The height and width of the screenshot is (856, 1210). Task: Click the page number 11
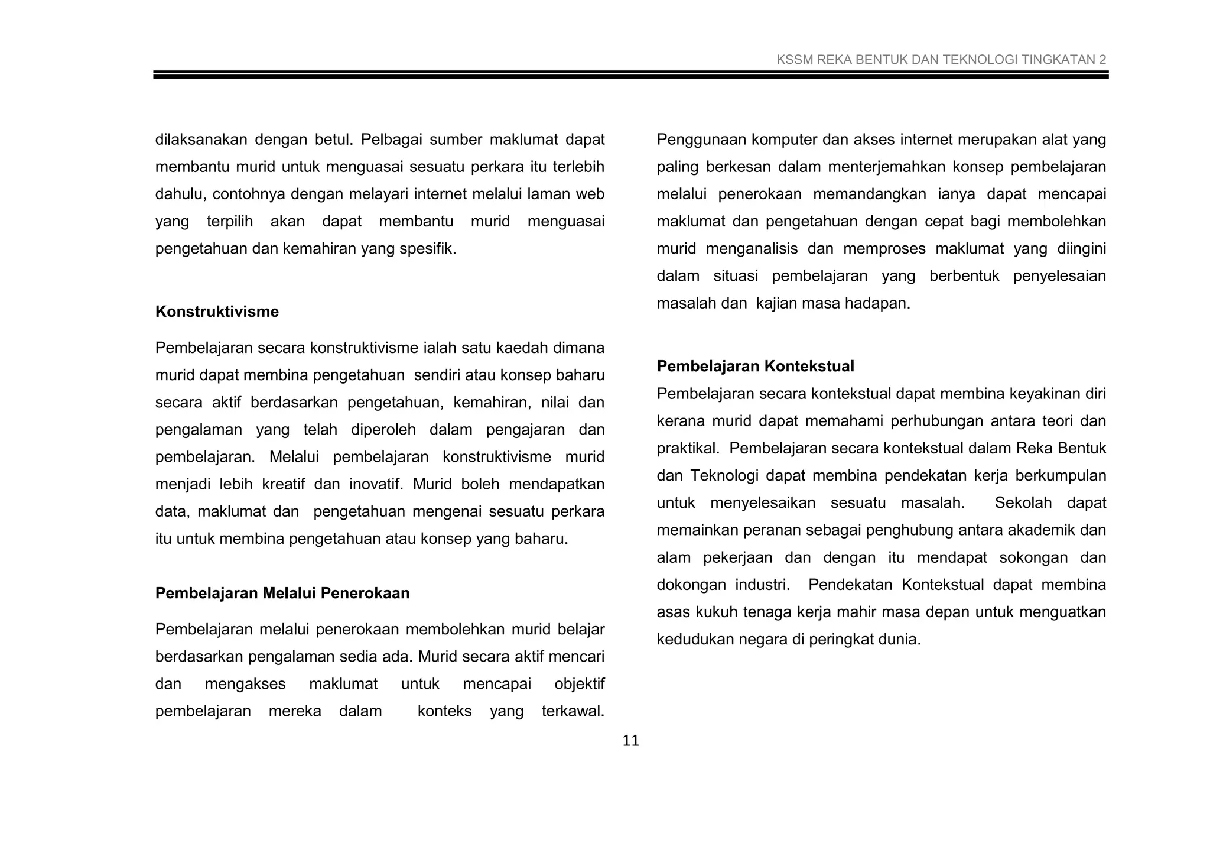point(630,741)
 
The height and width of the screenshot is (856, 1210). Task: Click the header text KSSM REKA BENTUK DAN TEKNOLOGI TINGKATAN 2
point(941,60)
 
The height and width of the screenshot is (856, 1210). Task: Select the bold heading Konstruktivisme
point(217,312)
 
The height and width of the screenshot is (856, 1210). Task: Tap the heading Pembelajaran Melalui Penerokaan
point(282,593)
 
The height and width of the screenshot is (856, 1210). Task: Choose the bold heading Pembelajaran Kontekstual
point(755,366)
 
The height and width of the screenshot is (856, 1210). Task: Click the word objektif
point(579,684)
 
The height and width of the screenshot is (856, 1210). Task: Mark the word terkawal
point(573,711)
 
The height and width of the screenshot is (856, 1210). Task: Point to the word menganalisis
point(752,248)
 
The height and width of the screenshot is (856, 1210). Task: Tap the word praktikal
point(688,448)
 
